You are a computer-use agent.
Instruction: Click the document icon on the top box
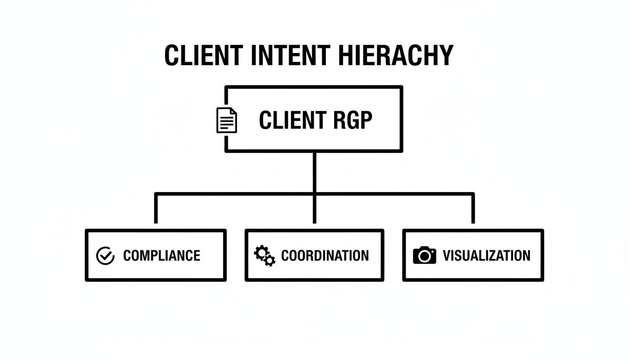[226, 120]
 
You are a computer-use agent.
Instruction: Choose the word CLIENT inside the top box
[286, 120]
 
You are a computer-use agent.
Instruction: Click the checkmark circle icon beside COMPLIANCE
[105, 256]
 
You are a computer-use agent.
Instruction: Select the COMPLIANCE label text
[161, 255]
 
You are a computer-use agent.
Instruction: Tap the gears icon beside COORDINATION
[264, 256]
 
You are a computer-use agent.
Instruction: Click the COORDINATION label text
[325, 255]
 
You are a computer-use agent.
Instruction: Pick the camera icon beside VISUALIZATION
[424, 255]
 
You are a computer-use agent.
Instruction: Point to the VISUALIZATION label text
[486, 255]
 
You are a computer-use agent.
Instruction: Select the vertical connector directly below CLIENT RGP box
[314, 171]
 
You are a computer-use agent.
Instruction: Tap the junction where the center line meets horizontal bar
[314, 194]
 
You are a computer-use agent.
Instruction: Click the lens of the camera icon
[425, 256]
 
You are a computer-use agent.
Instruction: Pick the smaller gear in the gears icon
[270, 261]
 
